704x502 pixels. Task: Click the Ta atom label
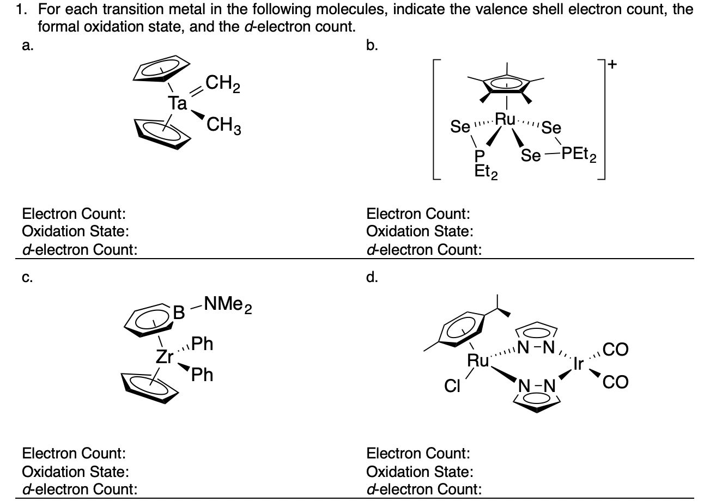coord(177,103)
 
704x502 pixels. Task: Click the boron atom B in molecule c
coord(179,314)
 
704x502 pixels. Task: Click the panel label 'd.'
coord(372,278)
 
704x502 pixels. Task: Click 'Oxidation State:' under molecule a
coord(75,231)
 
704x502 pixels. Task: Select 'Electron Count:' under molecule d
coord(418,453)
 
